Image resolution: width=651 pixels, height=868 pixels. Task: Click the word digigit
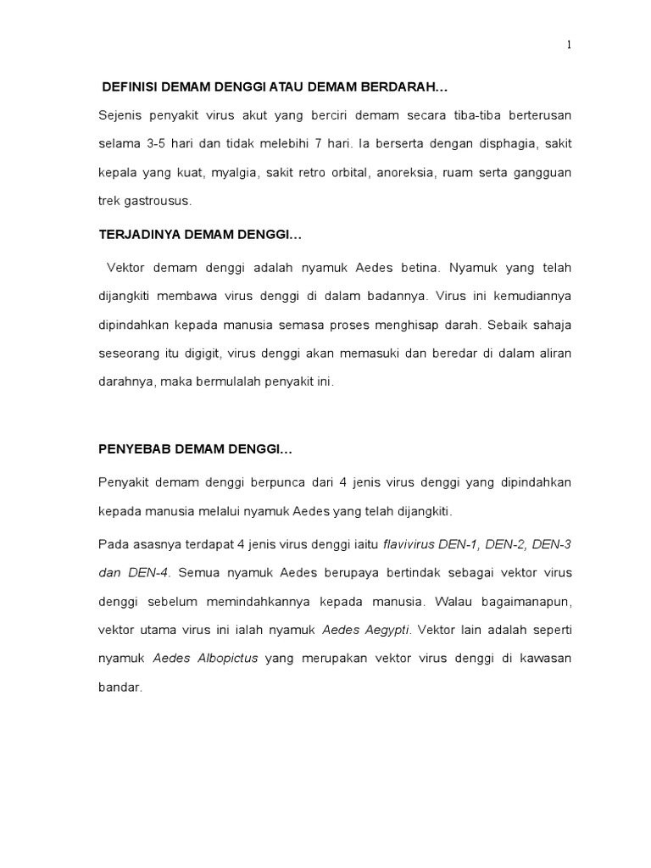tap(201, 353)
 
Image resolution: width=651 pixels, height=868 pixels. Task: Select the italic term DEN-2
tap(507, 543)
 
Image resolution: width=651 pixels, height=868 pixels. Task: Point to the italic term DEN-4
tap(147, 572)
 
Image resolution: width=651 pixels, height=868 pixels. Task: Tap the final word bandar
tap(119, 687)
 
